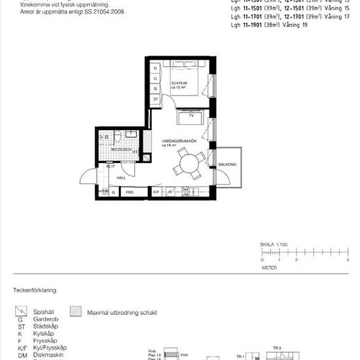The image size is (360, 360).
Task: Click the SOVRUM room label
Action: [x=171, y=84]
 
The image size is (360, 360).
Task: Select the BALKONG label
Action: [x=228, y=164]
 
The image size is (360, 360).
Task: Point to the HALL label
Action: [x=121, y=177]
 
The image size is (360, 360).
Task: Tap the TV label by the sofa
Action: [x=191, y=123]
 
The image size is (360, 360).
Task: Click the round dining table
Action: [x=189, y=163]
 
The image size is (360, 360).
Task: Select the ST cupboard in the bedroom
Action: [x=156, y=99]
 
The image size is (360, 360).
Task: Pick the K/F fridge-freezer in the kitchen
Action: [x=156, y=192]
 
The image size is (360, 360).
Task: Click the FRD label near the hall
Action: [x=130, y=192]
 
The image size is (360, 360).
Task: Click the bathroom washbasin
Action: [x=130, y=134]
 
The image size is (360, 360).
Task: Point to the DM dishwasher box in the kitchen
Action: [x=185, y=190]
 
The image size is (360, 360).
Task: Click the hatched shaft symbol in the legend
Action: [x=76, y=313]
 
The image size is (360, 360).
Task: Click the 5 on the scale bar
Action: [x=347, y=260]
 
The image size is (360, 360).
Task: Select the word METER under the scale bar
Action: [x=269, y=268]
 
